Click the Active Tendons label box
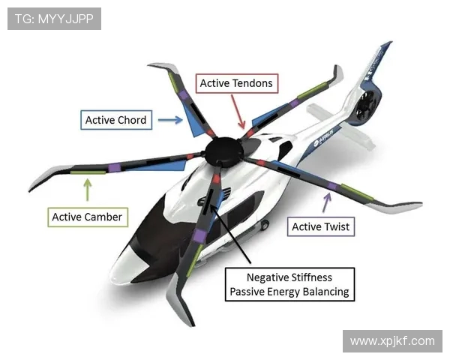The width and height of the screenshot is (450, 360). pos(236,83)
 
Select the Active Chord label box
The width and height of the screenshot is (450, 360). pos(115,120)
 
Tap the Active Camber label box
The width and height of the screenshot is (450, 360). pos(86,217)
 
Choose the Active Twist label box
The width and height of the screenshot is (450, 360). pos(320,226)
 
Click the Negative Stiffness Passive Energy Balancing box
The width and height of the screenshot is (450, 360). pos(289,284)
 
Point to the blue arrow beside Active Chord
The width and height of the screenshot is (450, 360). pos(170,119)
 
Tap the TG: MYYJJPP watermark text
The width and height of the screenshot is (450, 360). pos(54,19)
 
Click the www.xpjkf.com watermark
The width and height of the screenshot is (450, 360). pos(391,341)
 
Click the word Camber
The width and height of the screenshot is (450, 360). pos(103,217)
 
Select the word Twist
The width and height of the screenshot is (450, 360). pos(337,226)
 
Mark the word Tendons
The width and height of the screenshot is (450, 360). pos(252,83)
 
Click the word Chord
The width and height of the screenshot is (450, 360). pos(132,120)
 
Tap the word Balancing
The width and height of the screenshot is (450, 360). pos(325,292)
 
